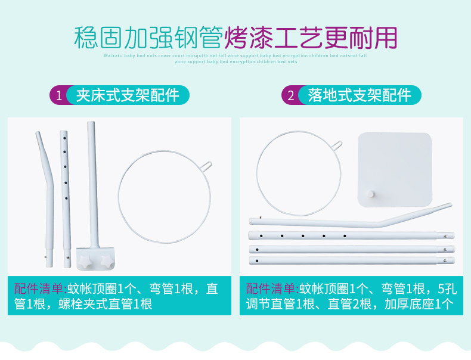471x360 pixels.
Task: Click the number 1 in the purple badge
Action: click(x=58, y=95)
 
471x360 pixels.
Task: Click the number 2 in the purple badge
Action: click(x=290, y=95)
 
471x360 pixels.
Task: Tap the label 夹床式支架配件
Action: click(x=127, y=95)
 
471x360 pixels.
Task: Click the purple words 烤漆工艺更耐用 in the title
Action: click(x=311, y=37)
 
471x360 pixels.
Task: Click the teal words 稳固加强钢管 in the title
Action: click(x=148, y=37)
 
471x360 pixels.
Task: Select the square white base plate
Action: click(x=394, y=169)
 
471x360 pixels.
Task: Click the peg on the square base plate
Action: click(x=370, y=194)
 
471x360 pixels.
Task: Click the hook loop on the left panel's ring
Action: click(x=206, y=165)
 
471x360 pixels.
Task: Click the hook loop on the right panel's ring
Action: click(x=337, y=145)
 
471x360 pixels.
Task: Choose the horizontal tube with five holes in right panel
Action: click(x=352, y=236)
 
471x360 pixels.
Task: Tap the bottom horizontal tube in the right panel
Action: click(x=352, y=260)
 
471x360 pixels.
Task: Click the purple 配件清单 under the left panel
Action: click(x=39, y=290)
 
